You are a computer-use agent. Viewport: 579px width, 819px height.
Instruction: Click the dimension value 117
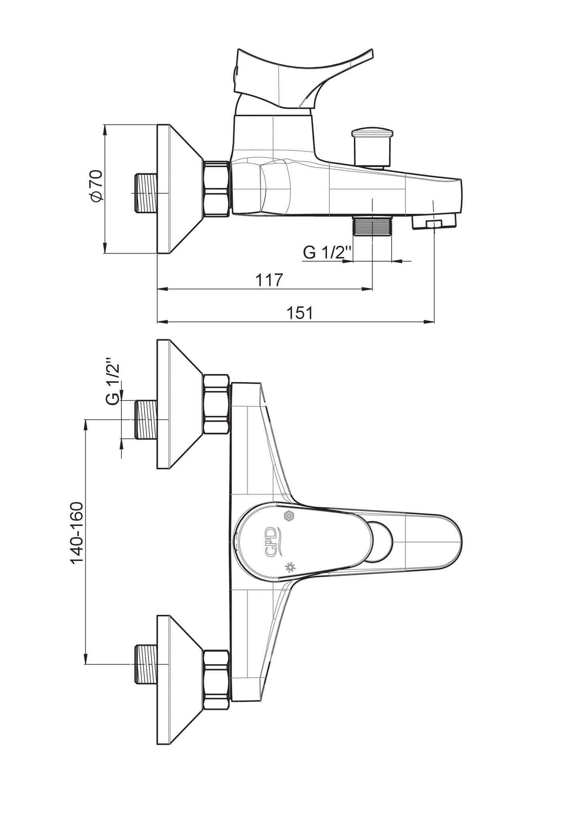pyautogui.click(x=269, y=279)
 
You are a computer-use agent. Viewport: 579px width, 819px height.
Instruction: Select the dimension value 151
pyautogui.click(x=300, y=313)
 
